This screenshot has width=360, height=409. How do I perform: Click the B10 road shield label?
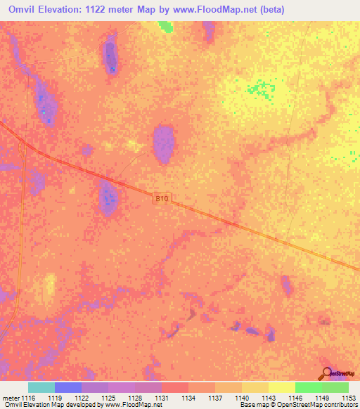click(x=162, y=200)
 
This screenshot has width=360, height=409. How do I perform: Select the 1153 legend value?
click(x=348, y=398)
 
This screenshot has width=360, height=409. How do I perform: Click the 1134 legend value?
click(x=189, y=398)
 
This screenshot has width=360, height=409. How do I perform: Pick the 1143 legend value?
click(x=269, y=398)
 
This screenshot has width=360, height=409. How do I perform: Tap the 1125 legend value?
click(x=109, y=398)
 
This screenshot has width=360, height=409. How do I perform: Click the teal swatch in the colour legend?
click(x=41, y=387)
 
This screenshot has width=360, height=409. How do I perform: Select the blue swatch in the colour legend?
click(x=68, y=387)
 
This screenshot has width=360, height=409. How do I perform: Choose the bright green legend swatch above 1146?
click(x=309, y=387)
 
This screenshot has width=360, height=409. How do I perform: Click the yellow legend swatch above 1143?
click(x=282, y=387)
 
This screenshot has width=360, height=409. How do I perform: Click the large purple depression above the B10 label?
click(x=164, y=143)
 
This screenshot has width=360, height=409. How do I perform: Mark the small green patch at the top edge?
click(x=165, y=26)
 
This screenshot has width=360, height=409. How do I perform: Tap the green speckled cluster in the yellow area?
click(x=261, y=89)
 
